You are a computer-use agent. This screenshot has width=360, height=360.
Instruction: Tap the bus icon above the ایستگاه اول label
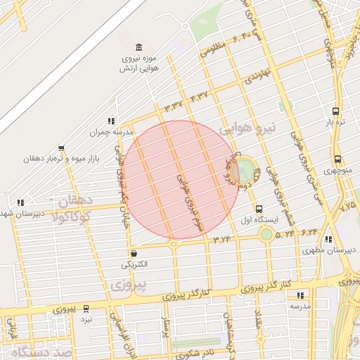click(x=259, y=209)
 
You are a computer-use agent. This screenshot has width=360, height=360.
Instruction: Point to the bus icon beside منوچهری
click(x=338, y=159)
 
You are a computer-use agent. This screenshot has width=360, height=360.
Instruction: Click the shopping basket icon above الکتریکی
click(x=134, y=253)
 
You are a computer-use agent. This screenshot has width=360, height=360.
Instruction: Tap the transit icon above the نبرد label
click(x=86, y=308)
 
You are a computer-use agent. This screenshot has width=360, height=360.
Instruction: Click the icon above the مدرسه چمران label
click(x=110, y=121)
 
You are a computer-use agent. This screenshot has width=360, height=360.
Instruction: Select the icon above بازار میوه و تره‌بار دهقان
click(x=61, y=148)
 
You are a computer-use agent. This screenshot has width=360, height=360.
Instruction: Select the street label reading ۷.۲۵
click(x=347, y=207)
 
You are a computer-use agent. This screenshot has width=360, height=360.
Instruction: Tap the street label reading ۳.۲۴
click(x=222, y=239)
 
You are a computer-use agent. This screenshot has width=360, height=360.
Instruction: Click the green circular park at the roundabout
click(x=245, y=169)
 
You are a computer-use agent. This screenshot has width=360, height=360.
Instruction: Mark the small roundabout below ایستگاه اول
click(x=266, y=234)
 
